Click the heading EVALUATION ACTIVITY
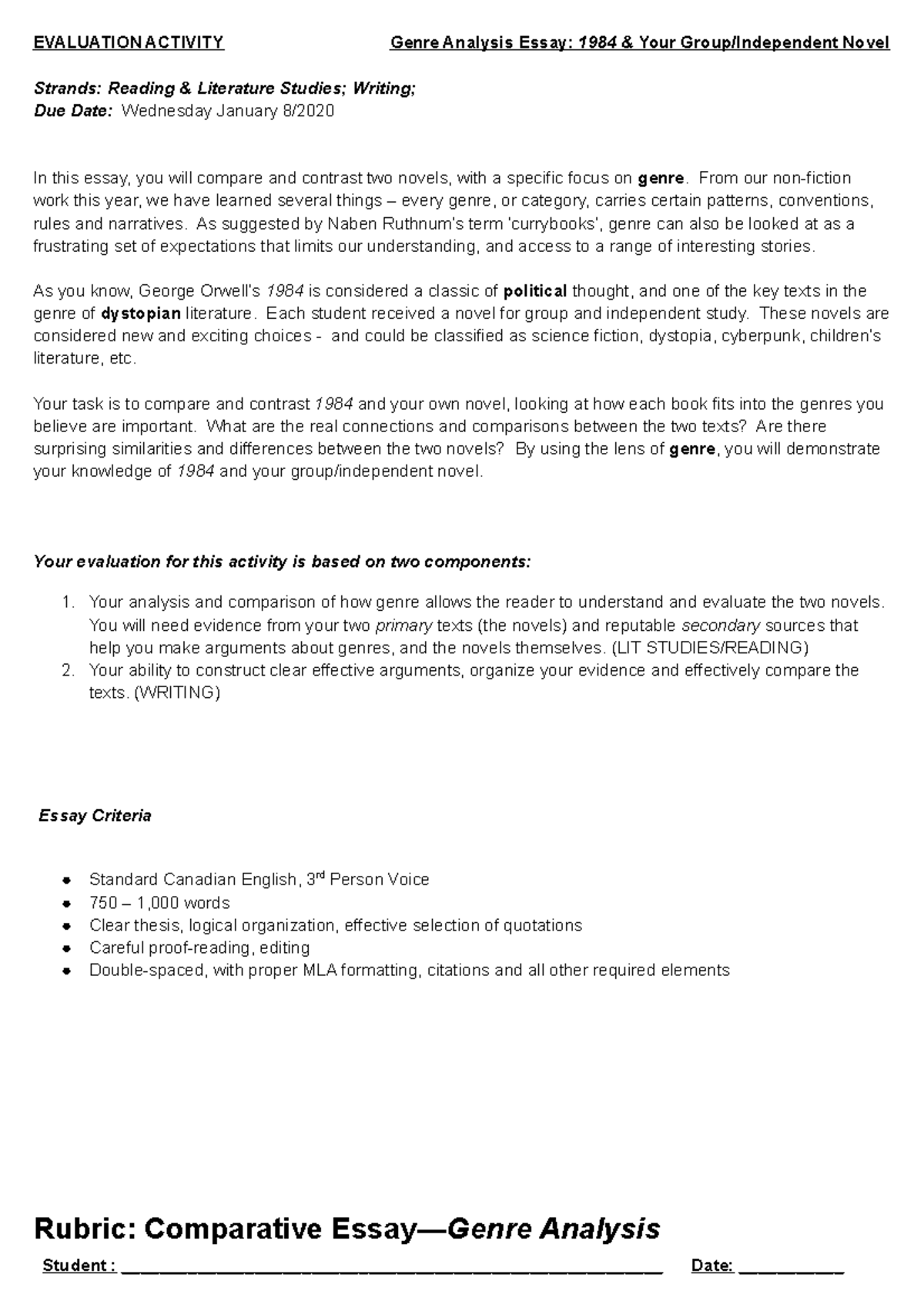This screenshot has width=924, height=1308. tap(129, 42)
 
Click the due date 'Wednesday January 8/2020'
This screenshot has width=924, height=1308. tap(228, 111)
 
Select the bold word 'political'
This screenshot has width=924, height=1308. tap(535, 291)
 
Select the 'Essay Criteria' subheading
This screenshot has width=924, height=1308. tap(95, 816)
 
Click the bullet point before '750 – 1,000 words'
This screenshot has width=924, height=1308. tap(68, 904)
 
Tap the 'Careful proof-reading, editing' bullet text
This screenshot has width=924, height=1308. tap(199, 947)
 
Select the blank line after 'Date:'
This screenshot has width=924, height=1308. tap(792, 1267)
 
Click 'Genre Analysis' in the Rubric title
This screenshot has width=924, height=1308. tap(553, 1228)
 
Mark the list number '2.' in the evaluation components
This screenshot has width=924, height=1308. tap(68, 670)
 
